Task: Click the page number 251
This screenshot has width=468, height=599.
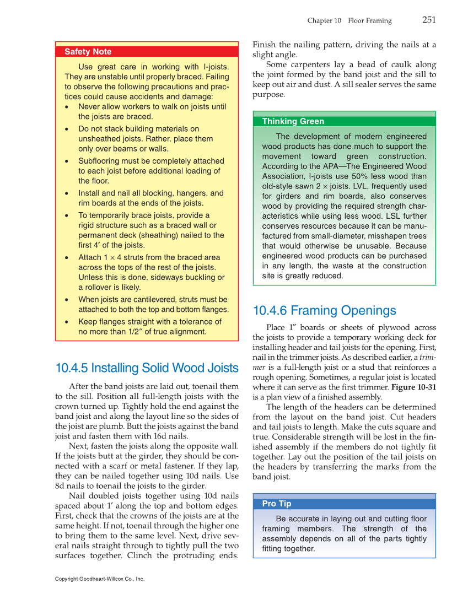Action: coord(429,20)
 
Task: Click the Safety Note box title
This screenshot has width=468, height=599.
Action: coord(88,52)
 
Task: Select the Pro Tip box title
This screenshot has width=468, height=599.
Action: coord(277,504)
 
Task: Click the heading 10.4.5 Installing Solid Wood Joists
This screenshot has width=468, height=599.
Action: coord(147,368)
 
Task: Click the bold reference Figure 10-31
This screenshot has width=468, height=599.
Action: coord(413,387)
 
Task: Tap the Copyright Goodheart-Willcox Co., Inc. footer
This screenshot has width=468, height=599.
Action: coord(100,579)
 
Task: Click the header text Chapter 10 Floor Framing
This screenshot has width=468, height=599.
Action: coord(349,21)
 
